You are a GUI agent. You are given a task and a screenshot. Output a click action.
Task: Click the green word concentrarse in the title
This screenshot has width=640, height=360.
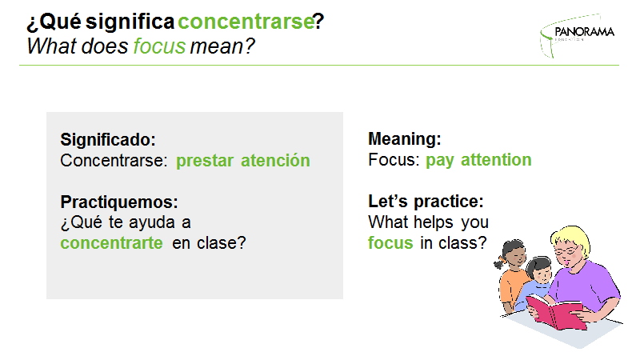[246, 22]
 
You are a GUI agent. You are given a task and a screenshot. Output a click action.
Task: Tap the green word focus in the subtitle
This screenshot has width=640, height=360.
[159, 46]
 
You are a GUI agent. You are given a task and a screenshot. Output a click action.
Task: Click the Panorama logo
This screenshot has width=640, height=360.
[577, 36]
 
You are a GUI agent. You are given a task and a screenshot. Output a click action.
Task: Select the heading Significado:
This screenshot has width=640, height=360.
[108, 139]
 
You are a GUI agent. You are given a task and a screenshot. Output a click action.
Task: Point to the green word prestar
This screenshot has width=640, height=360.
[205, 161]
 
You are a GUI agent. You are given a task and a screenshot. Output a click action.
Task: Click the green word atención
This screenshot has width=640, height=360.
[275, 160]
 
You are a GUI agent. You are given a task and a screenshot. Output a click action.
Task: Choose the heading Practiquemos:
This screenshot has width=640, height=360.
[119, 202]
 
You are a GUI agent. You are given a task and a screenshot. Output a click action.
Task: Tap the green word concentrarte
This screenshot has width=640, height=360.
[111, 243]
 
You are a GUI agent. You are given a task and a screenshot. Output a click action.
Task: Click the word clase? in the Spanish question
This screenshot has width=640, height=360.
[222, 243]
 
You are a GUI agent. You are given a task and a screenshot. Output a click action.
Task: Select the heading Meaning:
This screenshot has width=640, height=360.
[405, 138]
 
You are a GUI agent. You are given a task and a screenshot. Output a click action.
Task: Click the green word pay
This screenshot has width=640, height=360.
[439, 161]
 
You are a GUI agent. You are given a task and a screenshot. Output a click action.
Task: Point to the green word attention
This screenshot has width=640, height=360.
[496, 159]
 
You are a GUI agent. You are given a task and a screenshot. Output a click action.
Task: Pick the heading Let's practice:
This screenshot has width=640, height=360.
[426, 202]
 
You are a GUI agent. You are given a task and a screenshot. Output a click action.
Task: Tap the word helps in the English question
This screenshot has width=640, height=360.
[433, 223]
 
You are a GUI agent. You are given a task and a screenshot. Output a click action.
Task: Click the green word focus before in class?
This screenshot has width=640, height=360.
[390, 243]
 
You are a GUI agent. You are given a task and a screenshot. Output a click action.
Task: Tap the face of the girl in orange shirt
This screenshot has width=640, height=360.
[515, 257]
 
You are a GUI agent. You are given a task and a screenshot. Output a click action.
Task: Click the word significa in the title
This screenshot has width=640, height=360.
[130, 22]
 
